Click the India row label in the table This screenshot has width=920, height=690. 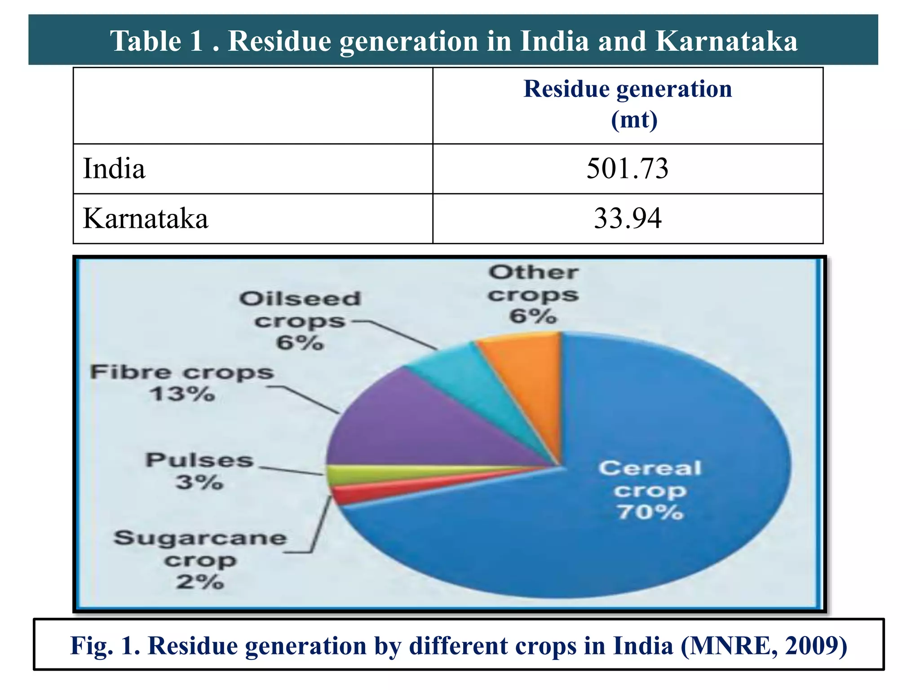coord(114,169)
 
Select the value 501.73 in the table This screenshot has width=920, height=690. coord(627,169)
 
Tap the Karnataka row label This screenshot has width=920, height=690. coord(146,219)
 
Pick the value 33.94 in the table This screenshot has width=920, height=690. coord(627,219)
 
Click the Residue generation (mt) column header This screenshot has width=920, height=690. coord(627,104)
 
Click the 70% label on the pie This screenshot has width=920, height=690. coord(650,512)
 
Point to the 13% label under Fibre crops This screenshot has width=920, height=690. coord(182,394)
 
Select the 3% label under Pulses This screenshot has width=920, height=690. coord(199,482)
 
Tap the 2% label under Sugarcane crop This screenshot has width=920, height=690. coord(200,582)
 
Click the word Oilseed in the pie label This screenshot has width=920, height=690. coord(300,299)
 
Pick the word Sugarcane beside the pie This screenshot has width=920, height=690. coord(200,538)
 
